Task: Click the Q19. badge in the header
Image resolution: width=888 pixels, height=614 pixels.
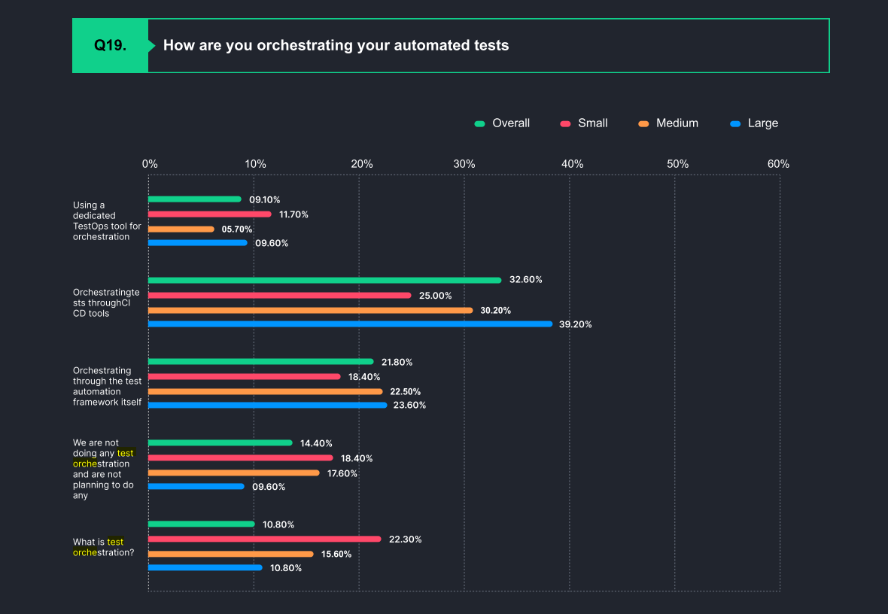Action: [x=110, y=45]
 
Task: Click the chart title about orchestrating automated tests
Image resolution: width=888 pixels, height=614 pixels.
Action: [x=336, y=45]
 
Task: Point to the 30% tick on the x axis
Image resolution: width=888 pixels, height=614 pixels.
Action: [x=464, y=164]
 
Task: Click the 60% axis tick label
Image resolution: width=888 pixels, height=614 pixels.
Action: [x=778, y=164]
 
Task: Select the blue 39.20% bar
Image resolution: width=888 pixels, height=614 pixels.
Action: [x=350, y=324]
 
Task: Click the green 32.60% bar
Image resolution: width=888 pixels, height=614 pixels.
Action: [x=324, y=280]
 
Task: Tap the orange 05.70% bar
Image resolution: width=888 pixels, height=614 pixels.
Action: [x=181, y=229]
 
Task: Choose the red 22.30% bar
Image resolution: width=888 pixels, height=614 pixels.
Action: [x=264, y=539]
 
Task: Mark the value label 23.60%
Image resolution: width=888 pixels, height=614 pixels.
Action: [x=410, y=406]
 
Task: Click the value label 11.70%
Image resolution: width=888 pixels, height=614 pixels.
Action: [x=293, y=214]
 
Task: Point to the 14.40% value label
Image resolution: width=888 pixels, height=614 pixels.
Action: [x=316, y=443]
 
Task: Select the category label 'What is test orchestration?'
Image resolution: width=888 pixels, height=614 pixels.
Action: [x=104, y=547]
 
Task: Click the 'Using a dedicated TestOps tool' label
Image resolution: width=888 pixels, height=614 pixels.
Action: [x=106, y=220]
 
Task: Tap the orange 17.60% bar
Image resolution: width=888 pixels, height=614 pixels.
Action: [x=234, y=473]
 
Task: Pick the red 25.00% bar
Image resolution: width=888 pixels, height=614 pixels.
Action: [x=279, y=295]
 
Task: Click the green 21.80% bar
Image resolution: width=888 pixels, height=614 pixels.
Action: [x=260, y=362]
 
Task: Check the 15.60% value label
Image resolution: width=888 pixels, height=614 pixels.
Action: [x=336, y=554]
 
